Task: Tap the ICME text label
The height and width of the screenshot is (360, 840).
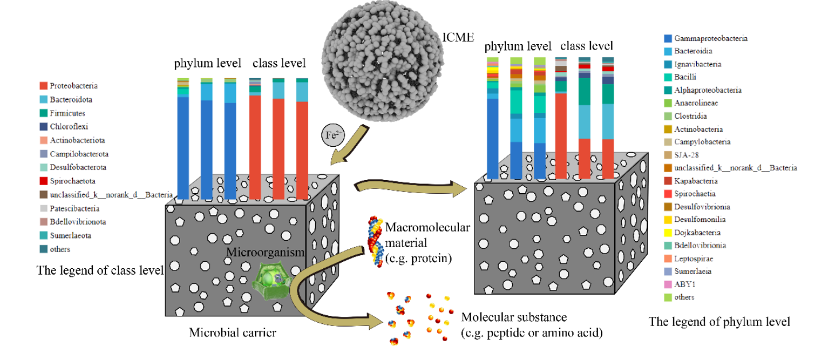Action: pyautogui.click(x=458, y=37)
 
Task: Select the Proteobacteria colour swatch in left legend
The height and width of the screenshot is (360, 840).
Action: pyautogui.click(x=43, y=86)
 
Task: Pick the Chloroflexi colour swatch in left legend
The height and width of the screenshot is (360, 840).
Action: pyautogui.click(x=43, y=127)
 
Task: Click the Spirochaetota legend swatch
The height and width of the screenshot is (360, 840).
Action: pyautogui.click(x=43, y=181)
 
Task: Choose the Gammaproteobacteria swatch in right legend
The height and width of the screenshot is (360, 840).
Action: pyautogui.click(x=668, y=38)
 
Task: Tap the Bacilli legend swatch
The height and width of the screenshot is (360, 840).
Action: pyautogui.click(x=668, y=77)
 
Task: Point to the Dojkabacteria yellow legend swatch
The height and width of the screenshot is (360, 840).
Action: pyautogui.click(x=668, y=233)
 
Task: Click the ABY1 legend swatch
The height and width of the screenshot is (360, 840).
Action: pyautogui.click(x=668, y=284)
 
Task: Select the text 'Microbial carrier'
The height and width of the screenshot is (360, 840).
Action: pyautogui.click(x=233, y=332)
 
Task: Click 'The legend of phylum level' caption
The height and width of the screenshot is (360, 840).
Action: pyautogui.click(x=719, y=322)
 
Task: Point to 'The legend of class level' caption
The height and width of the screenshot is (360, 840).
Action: pyautogui.click(x=100, y=269)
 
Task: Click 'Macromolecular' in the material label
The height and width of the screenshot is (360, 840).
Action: pyautogui.click(x=427, y=228)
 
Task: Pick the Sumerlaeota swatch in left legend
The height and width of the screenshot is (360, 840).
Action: pyautogui.click(x=43, y=236)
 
